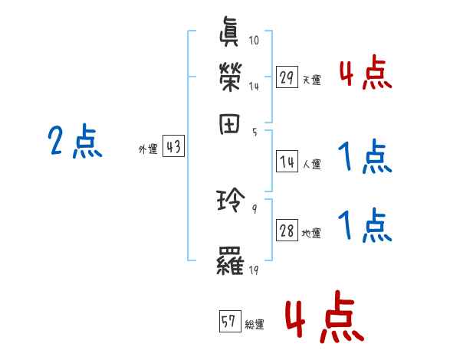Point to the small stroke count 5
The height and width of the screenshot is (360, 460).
(x=254, y=132)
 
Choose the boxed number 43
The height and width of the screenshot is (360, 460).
(x=173, y=147)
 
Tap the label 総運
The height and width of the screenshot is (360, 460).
(x=255, y=325)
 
